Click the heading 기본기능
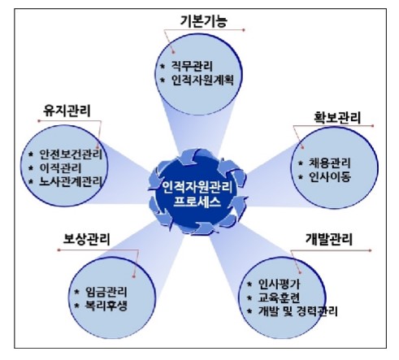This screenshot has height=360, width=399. pyautogui.click(x=203, y=21)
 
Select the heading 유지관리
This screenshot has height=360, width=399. pyautogui.click(x=67, y=111)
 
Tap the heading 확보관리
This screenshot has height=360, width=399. pyautogui.click(x=337, y=118)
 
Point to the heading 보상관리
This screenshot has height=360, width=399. pyautogui.click(x=86, y=240)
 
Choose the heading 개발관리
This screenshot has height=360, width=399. pyautogui.click(x=329, y=240)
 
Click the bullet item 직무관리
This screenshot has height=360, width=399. pyautogui.click(x=192, y=66)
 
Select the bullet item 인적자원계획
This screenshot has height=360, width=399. pyautogui.click(x=202, y=80)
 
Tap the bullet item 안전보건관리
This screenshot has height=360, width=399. pyautogui.click(x=71, y=154)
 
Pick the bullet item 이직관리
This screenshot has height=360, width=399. pyautogui.click(x=60, y=168)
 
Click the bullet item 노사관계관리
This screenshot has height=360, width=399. pyautogui.click(x=71, y=181)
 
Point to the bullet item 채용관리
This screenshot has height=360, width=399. pyautogui.click(x=330, y=163)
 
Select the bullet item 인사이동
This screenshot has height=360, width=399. pyautogui.click(x=330, y=177)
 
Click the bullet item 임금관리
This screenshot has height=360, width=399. pyautogui.click(x=106, y=292)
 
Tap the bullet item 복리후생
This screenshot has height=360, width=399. pyautogui.click(x=106, y=306)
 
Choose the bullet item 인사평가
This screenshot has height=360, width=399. pyautogui.click(x=279, y=284)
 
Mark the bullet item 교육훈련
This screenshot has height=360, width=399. pyautogui.click(x=279, y=297)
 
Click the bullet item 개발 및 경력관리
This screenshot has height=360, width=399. pyautogui.click(x=297, y=311)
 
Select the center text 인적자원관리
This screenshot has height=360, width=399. pyautogui.click(x=197, y=188)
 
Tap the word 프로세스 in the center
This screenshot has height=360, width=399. pyautogui.click(x=197, y=202)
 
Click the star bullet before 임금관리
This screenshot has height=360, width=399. pyautogui.click(x=77, y=292)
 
